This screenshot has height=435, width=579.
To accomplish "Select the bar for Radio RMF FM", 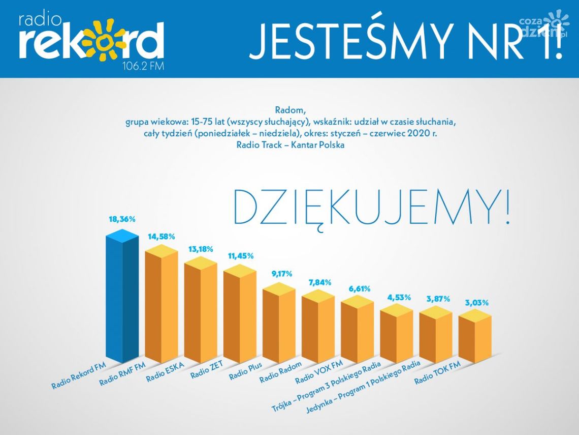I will pos(161,305).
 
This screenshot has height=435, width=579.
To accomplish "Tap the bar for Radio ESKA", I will pos(200,310).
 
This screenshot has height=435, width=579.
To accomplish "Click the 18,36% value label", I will pos(122,219).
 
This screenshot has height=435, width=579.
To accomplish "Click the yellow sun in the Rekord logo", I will pos(104,41).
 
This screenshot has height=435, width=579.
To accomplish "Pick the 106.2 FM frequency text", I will pos(144,67).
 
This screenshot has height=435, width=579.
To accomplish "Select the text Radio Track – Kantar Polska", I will pos(290,145).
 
